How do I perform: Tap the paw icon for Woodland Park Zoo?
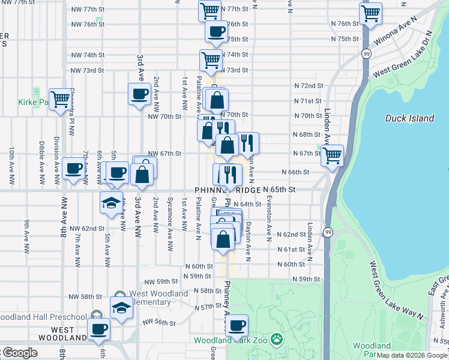click(276, 340)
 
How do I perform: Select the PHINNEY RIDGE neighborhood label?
click(228, 190)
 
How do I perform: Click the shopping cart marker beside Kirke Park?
click(60, 99)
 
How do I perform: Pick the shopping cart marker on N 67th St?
click(331, 155)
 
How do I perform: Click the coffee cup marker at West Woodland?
click(99, 329)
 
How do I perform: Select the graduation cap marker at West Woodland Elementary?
click(121, 308)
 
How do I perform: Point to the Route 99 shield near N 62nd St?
click(328, 232)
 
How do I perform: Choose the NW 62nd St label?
click(86, 229)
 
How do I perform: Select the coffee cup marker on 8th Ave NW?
click(73, 169)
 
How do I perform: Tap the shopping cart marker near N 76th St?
click(370, 13)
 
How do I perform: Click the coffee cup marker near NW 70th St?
click(139, 94)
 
